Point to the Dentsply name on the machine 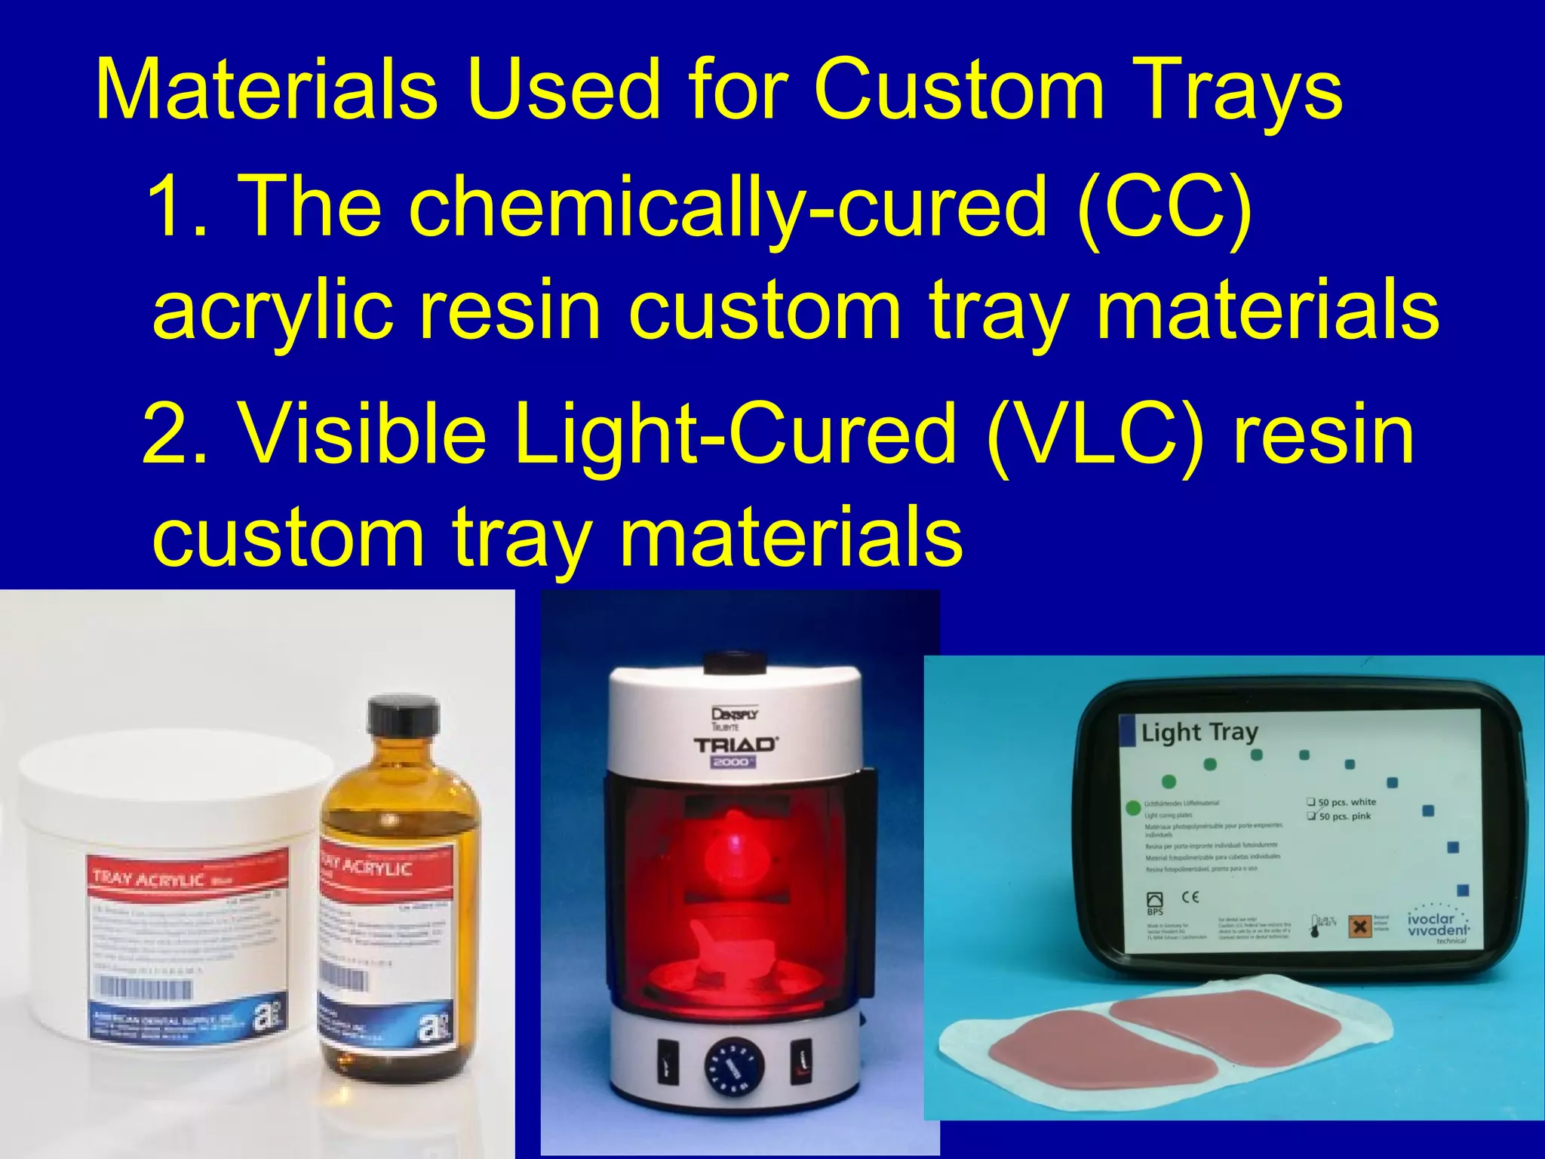tap(734, 713)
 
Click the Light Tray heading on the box tap(1199, 732)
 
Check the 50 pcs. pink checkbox tap(1312, 816)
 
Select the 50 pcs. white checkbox tap(1312, 801)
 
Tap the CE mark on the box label tap(1190, 897)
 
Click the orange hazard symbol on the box tap(1359, 925)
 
